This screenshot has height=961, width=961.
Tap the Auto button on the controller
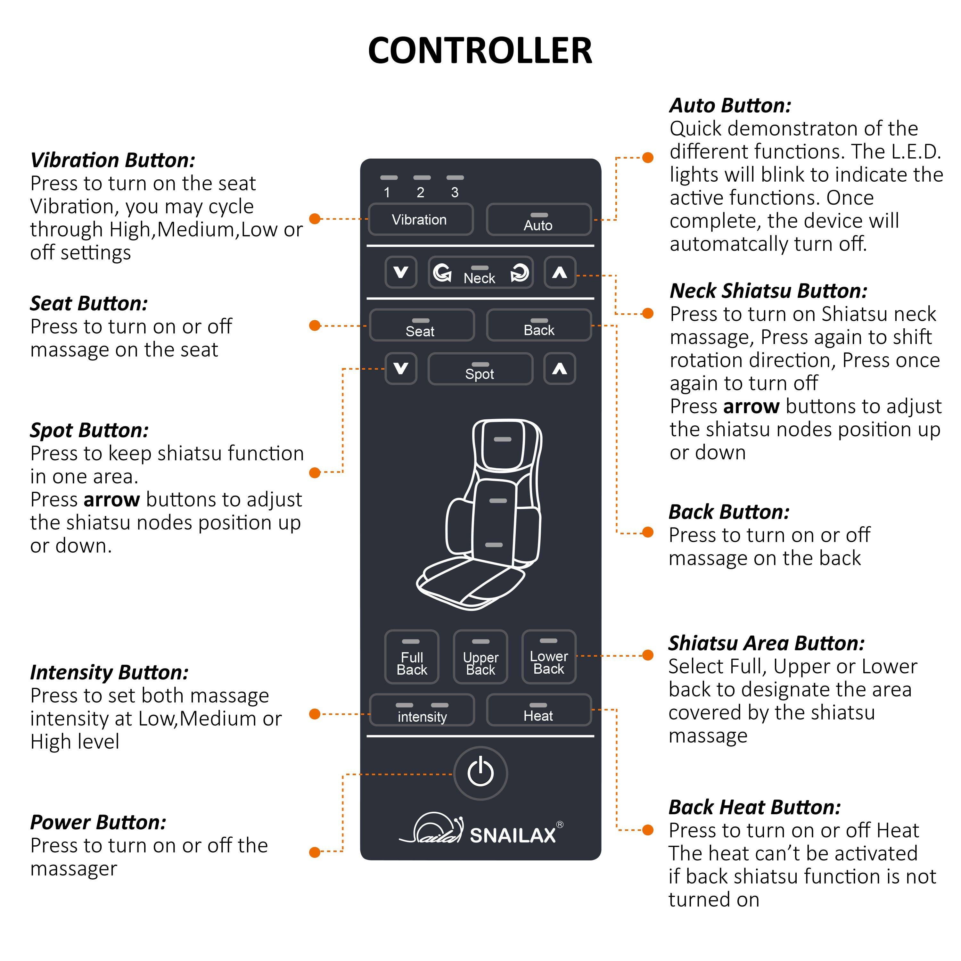539,219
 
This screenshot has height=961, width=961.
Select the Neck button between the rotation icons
480,273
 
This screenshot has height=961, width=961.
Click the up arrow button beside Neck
560,273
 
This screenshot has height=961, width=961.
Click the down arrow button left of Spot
401,369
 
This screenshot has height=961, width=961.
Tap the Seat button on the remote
421,325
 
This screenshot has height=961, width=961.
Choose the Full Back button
412,657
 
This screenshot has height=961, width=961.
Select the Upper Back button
481,657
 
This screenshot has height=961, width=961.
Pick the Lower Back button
549,657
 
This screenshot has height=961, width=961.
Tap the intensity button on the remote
422,710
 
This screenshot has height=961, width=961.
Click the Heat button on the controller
539,710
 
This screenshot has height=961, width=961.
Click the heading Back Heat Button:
754,807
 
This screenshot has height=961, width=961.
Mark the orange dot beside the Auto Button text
648,158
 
